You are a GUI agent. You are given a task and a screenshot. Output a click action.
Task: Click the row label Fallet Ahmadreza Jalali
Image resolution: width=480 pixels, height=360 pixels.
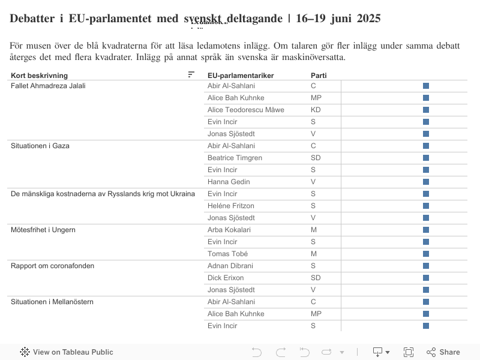pos(48,86)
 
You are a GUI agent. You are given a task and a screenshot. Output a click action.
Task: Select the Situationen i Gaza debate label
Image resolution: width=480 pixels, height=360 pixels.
pos(40,146)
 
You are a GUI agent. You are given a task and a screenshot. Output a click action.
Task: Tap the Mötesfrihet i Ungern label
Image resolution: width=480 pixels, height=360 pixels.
pos(43,230)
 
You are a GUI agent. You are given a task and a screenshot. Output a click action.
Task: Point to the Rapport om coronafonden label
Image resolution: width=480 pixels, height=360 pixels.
pos(52,266)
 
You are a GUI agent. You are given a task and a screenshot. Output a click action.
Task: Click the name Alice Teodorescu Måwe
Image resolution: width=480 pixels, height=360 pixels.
pos(245,110)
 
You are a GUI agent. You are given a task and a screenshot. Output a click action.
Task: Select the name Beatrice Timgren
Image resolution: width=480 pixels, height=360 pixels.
pos(235,158)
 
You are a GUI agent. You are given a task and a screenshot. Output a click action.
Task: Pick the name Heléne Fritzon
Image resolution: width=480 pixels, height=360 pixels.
pos(230,206)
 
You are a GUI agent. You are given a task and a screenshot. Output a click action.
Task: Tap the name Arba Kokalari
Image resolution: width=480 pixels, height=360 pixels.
pos(229,230)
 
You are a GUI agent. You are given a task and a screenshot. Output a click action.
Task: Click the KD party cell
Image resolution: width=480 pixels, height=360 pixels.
pos(316,110)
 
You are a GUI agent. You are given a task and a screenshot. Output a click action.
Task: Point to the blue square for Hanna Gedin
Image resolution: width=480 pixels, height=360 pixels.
pos(426,182)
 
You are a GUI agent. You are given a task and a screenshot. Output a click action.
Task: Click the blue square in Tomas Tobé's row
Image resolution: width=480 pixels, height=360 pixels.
pos(426,254)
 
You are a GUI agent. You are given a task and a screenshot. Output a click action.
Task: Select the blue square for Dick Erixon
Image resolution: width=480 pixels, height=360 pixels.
pos(426,278)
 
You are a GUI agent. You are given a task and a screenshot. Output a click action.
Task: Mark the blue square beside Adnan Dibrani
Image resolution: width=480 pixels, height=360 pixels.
pos(426,266)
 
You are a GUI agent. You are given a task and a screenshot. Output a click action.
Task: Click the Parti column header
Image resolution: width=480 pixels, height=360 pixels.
pos(319,75)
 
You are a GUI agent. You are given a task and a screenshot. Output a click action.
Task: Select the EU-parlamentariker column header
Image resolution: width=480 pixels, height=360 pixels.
pos(240,75)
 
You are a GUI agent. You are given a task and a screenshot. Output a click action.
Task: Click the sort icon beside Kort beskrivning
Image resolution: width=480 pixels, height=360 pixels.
pos(191,74)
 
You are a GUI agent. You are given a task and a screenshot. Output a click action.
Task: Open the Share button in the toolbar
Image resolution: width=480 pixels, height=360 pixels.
pos(443,352)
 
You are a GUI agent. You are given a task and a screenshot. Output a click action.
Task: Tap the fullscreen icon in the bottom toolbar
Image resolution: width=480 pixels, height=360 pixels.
pos(409,352)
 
